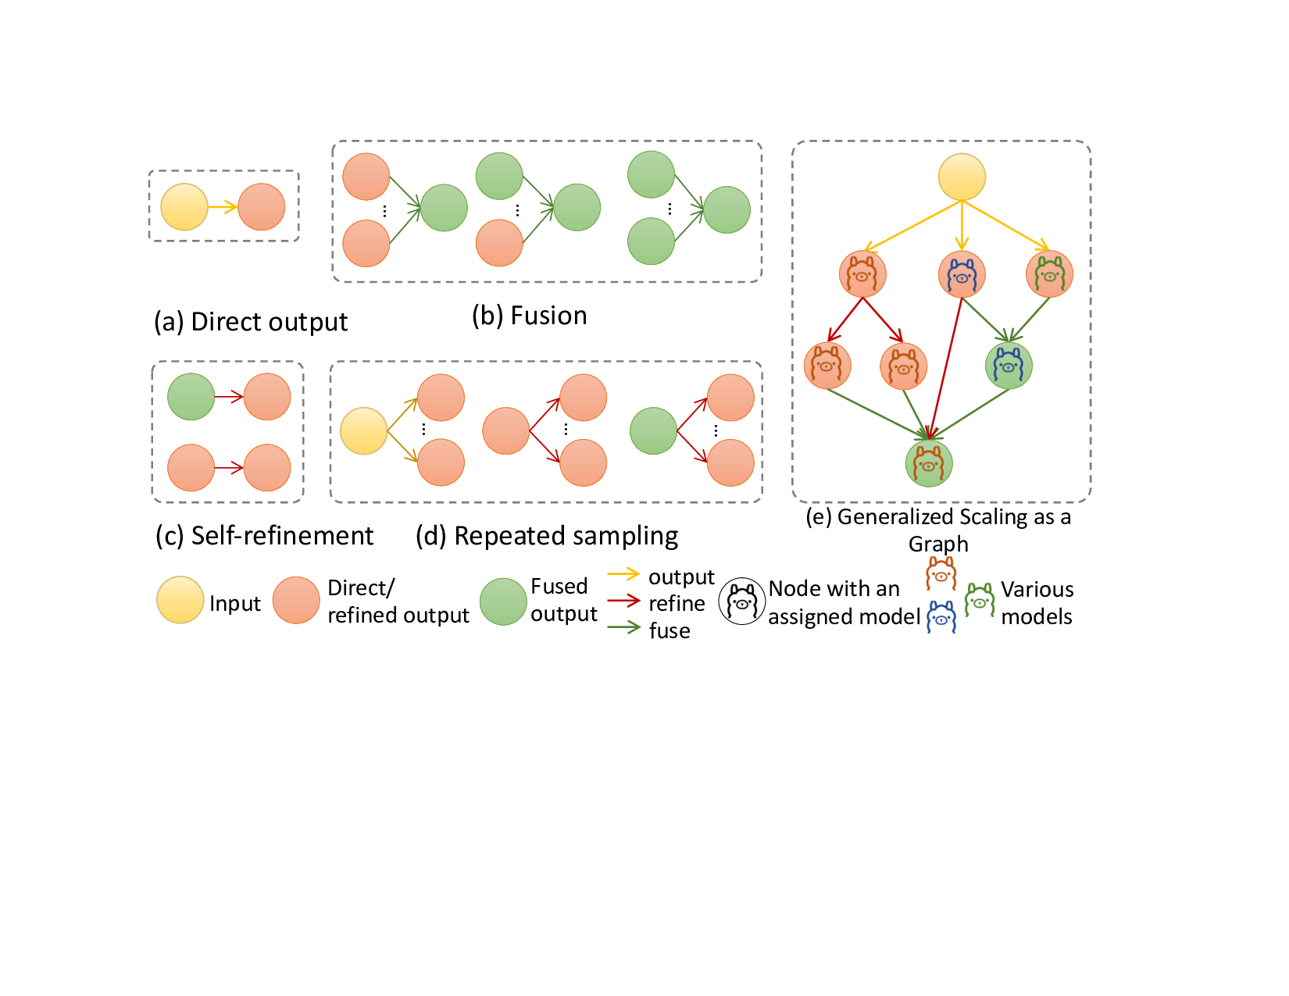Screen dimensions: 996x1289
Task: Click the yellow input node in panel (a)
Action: (184, 207)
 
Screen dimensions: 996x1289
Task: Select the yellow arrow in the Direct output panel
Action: (223, 207)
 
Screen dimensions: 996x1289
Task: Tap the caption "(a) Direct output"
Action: (250, 322)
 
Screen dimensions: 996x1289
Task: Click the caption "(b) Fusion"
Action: (529, 316)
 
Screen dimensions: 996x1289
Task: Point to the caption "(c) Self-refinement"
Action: (264, 536)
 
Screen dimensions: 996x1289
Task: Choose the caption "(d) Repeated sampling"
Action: (546, 536)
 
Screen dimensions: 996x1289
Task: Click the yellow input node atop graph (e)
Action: (962, 177)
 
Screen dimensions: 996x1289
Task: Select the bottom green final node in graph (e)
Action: (929, 463)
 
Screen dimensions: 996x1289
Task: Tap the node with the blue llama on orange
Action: (962, 275)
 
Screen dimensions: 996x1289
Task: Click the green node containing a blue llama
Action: (1009, 366)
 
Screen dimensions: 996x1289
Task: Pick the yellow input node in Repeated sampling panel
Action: (364, 430)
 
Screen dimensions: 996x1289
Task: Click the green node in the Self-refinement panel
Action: (191, 397)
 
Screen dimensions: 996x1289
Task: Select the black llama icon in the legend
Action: (742, 602)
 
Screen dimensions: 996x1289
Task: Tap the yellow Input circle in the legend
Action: (180, 600)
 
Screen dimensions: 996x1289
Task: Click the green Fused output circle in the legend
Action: (503, 602)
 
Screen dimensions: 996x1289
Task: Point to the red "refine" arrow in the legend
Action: (623, 602)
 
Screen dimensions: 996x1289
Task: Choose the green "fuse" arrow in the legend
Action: (623, 627)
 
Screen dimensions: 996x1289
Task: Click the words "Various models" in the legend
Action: (1037, 603)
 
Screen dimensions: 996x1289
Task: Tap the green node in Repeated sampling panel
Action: (653, 431)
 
